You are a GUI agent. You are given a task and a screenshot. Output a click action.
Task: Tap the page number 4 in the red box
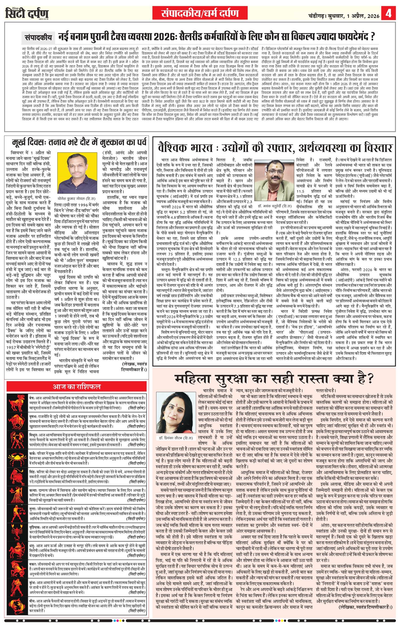pos(389,13)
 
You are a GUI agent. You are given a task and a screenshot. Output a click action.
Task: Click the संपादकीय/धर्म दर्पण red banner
pos(200,13)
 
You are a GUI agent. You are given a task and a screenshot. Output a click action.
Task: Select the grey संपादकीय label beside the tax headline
pos(38,37)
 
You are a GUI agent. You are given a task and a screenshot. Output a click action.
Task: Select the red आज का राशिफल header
pos(76,386)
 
